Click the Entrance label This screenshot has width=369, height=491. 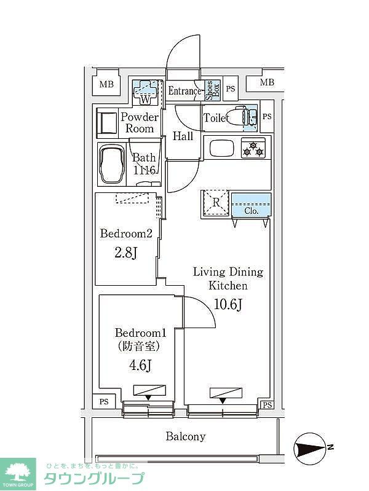[x=184, y=92]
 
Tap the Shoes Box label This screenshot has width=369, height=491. [x=210, y=91]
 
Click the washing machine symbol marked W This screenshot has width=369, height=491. [x=146, y=92]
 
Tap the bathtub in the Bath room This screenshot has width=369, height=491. [x=111, y=165]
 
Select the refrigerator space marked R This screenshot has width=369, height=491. [x=216, y=204]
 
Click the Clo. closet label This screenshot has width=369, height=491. [x=251, y=210]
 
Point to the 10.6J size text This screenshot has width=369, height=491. [x=228, y=304]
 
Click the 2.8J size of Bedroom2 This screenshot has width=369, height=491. [x=125, y=253]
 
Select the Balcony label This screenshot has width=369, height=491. [x=185, y=437]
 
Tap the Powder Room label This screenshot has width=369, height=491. [x=140, y=122]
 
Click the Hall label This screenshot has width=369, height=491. [x=183, y=136]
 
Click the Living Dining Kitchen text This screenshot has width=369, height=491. [x=228, y=278]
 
